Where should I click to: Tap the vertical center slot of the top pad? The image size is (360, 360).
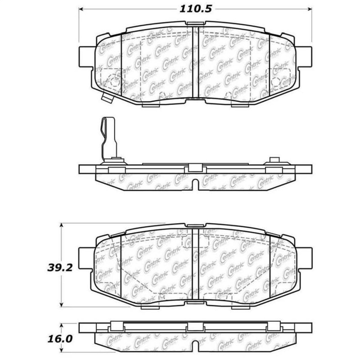pyautogui.click(x=196, y=63)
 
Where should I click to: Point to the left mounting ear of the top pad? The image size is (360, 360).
pyautogui.click(x=87, y=58)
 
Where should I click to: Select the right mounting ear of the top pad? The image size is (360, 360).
pyautogui.click(x=305, y=58)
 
